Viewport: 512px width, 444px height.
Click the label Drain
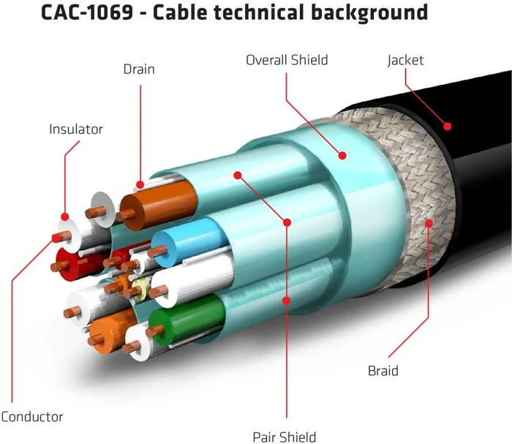139,69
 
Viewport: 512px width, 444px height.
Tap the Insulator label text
76,129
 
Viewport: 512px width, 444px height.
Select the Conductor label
31,417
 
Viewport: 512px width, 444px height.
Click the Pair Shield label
285,437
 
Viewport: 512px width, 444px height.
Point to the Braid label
383,371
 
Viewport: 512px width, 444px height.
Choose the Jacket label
405,61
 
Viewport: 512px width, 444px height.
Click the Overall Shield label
287,60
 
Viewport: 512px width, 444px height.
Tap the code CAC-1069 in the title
87,12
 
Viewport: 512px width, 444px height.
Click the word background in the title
369,13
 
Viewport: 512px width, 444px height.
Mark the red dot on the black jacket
448,126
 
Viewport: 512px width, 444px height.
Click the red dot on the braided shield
429,223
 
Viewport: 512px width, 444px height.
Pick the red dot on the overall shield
342,155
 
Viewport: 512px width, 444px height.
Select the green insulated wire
186,318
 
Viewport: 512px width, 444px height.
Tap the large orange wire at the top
159,205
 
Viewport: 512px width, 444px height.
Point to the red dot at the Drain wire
140,185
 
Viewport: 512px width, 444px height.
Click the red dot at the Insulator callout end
65,217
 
